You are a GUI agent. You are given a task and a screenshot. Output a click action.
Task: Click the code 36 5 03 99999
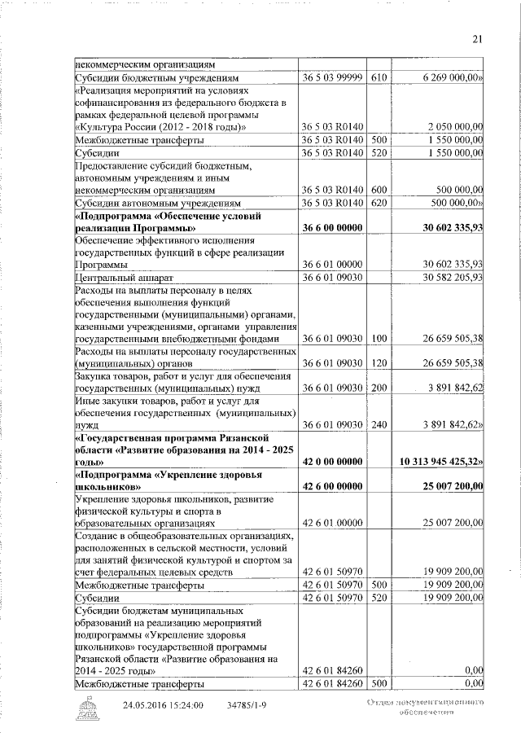332,77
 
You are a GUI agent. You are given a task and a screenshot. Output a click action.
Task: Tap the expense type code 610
379,77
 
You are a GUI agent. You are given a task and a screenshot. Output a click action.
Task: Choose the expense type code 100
379,338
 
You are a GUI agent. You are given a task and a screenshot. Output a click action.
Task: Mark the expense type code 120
379,362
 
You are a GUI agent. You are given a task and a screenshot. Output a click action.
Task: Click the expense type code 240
379,424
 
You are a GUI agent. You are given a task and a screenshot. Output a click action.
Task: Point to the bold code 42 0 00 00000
332,461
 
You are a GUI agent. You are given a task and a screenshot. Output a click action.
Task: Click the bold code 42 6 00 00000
332,486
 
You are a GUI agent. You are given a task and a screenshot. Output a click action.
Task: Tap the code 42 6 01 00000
332,524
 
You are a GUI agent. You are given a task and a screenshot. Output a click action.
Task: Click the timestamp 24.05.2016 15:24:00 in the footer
163,704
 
